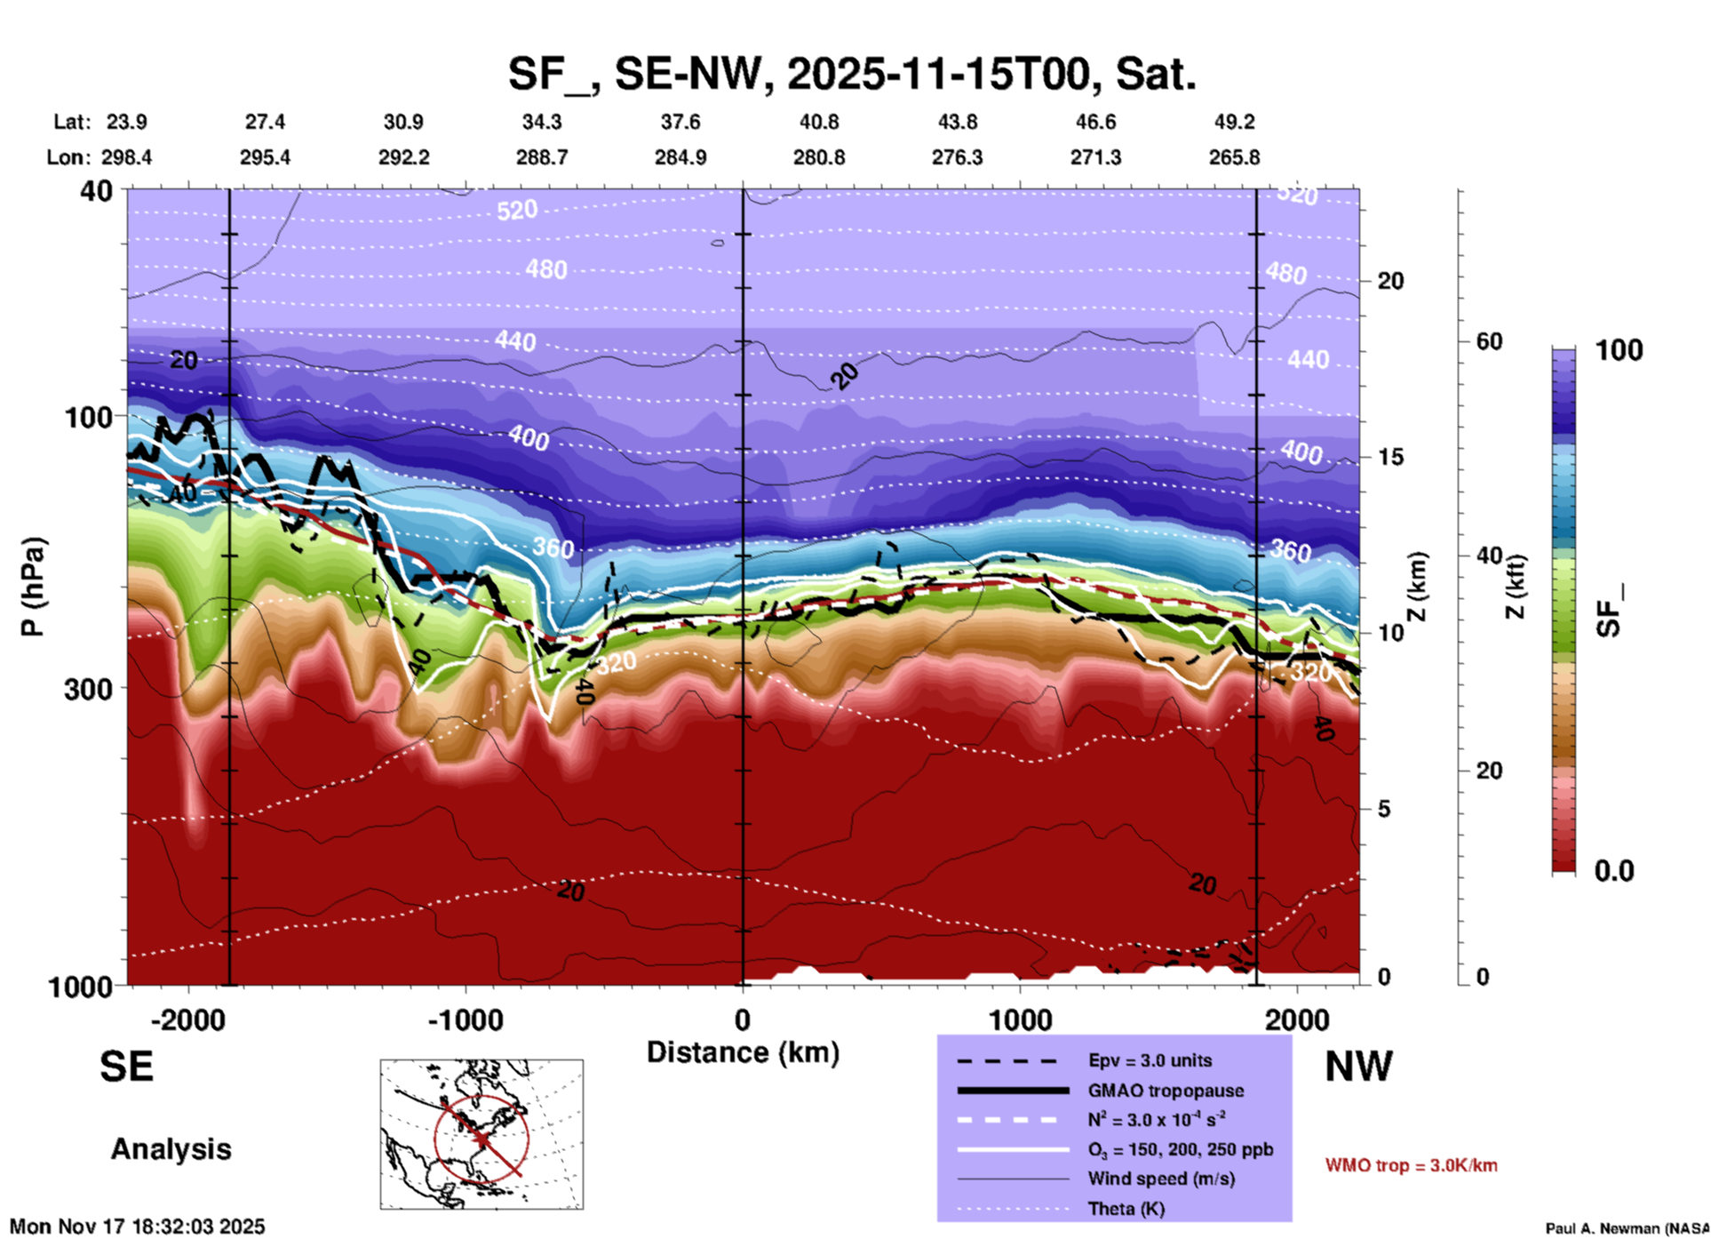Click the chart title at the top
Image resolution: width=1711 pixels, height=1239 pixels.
point(851,73)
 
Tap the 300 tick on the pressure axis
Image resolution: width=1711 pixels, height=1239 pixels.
point(88,689)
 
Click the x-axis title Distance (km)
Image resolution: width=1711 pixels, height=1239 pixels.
point(743,1052)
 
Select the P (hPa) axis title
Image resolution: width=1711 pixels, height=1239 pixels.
point(33,587)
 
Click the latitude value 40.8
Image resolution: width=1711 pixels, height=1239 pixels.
point(818,122)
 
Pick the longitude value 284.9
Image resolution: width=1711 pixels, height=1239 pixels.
point(680,157)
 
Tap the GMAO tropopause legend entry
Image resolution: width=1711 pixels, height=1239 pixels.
point(1165,1091)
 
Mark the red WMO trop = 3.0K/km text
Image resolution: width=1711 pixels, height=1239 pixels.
point(1411,1165)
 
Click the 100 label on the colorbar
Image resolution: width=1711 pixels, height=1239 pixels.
point(1619,350)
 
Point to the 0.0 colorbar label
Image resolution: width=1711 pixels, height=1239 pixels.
point(1614,871)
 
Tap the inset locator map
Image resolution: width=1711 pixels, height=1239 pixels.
point(481,1134)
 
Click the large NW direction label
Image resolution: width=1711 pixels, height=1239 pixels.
point(1358,1067)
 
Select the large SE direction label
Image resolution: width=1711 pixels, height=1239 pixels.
point(126,1067)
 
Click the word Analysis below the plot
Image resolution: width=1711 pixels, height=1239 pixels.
point(171,1149)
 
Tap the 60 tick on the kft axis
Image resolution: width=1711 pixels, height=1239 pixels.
point(1489,341)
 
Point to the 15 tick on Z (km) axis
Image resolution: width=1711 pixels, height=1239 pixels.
point(1390,457)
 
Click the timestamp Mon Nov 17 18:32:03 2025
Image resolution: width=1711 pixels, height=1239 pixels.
point(138,1227)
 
